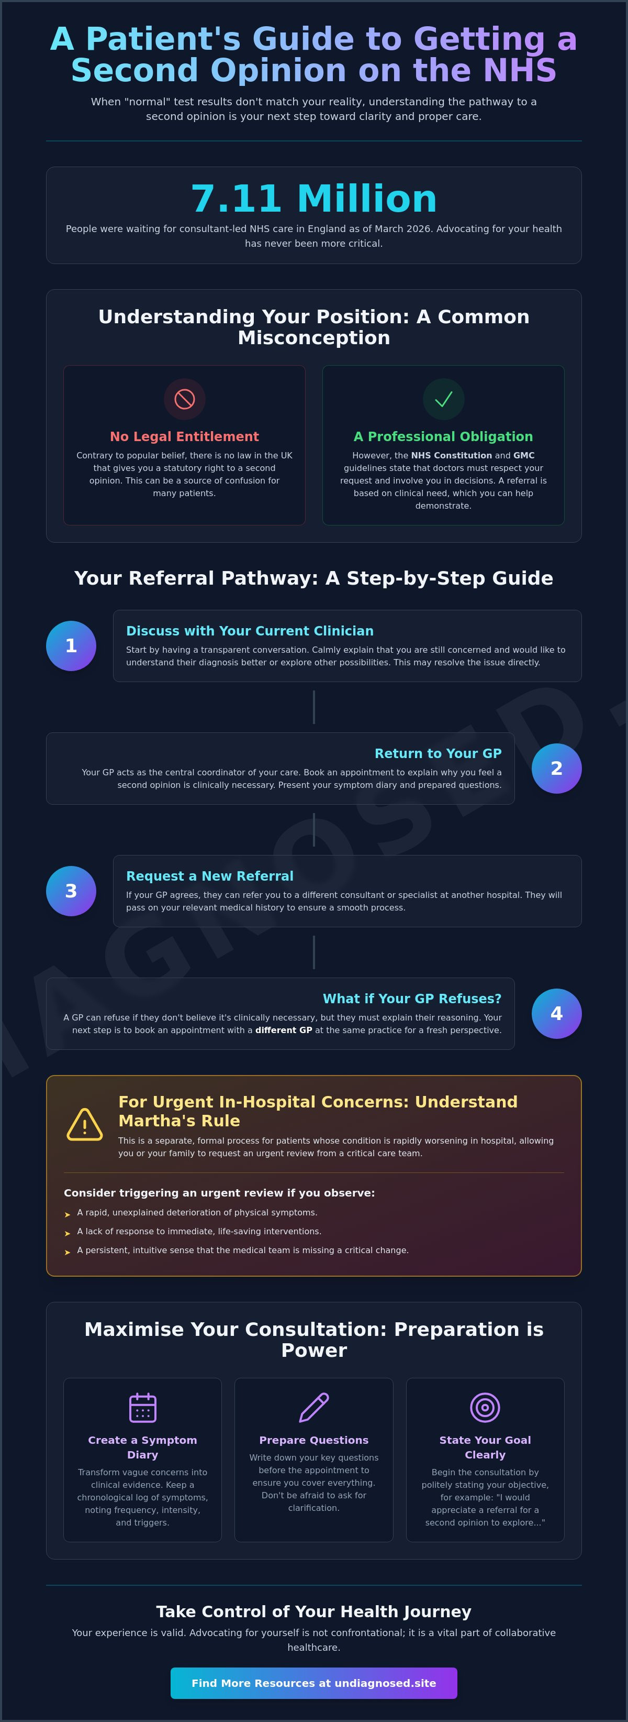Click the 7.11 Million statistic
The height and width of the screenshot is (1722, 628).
tap(314, 199)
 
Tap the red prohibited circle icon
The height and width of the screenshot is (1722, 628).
tap(184, 399)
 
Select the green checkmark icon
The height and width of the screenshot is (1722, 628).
tap(444, 399)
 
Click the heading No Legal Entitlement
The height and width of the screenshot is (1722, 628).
tap(184, 436)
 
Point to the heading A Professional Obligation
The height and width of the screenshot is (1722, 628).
tap(444, 436)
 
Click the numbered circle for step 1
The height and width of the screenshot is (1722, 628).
tap(71, 646)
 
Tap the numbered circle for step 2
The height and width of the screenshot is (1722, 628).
tap(556, 769)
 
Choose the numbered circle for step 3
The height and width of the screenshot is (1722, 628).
tap(71, 891)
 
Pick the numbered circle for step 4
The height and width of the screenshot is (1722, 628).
tap(556, 1013)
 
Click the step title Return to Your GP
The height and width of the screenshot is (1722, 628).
tap(438, 753)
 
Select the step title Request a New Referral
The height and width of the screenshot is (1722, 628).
tap(210, 876)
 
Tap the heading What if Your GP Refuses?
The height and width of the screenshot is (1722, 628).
tap(412, 999)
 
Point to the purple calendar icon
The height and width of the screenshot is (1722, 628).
tap(142, 1407)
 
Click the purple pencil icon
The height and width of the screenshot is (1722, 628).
tap(314, 1407)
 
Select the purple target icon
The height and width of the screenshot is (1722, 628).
tap(485, 1407)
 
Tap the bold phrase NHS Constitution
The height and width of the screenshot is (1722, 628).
tap(452, 455)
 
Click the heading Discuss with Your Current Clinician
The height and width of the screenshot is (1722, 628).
tap(250, 631)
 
